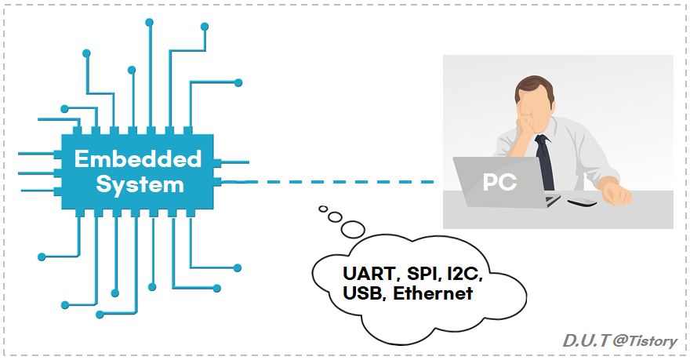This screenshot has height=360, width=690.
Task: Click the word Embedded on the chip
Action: pyautogui.click(x=138, y=159)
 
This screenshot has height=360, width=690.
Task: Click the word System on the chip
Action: pyautogui.click(x=140, y=185)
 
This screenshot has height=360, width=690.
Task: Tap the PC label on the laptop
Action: pyautogui.click(x=499, y=182)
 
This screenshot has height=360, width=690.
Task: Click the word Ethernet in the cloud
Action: pyautogui.click(x=433, y=295)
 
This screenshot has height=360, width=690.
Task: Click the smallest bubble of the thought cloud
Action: pyautogui.click(x=322, y=209)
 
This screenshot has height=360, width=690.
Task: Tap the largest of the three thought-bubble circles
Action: pyautogui.click(x=353, y=229)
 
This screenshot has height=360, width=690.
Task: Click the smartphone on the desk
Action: pyautogui.click(x=581, y=203)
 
